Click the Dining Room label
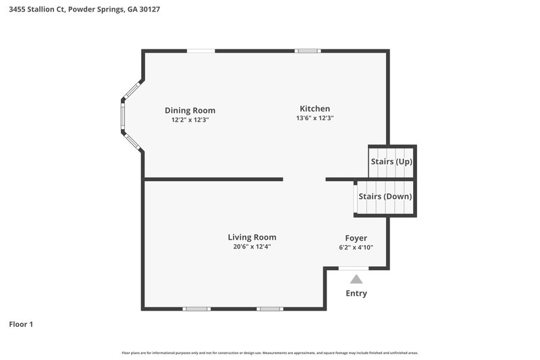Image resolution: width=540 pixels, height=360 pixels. coord(190,110)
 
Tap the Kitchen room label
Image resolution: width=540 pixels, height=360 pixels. coord(315,108)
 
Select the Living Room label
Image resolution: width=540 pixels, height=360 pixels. coord(252,237)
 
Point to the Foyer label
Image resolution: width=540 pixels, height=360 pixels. coord(356,238)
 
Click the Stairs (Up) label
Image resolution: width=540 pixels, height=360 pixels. coord(391,162)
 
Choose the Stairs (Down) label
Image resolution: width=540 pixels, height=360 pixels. coord(385,197)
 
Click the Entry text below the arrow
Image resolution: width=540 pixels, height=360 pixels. coord(356,293)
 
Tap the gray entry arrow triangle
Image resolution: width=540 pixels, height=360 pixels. coord(356,278)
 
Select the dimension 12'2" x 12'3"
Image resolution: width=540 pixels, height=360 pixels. coord(190,120)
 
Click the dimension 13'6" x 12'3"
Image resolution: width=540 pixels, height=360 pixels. coord(315,118)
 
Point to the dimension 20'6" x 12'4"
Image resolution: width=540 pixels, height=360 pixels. coord(252,247)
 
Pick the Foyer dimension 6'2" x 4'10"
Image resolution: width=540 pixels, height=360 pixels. coord(356,247)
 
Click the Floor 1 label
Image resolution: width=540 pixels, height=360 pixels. coord(21,324)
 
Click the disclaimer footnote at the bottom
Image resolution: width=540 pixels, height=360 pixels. coord(269,353)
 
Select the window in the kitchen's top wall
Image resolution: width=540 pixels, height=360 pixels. coord(308,51)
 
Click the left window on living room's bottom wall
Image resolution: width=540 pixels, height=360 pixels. coord(196,309)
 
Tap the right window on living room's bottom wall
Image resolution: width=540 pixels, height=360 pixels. coord(269,309)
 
